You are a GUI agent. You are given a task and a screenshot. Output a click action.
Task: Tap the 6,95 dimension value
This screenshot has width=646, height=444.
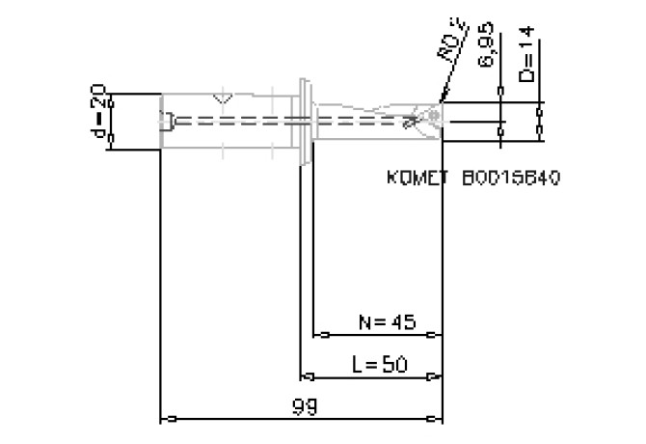coord(489,61)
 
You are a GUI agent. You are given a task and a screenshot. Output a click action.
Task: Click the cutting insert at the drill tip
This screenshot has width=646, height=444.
coord(430,117)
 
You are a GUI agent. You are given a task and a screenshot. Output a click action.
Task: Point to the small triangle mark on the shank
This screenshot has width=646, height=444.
coord(223,98)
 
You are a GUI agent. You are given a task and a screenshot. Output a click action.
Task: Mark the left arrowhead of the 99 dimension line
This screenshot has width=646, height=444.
coord(166,419)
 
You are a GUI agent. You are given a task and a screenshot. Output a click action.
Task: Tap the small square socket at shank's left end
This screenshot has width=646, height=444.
coord(168,121)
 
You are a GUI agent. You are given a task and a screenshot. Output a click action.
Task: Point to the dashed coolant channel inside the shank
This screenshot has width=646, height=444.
coord(241,121)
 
